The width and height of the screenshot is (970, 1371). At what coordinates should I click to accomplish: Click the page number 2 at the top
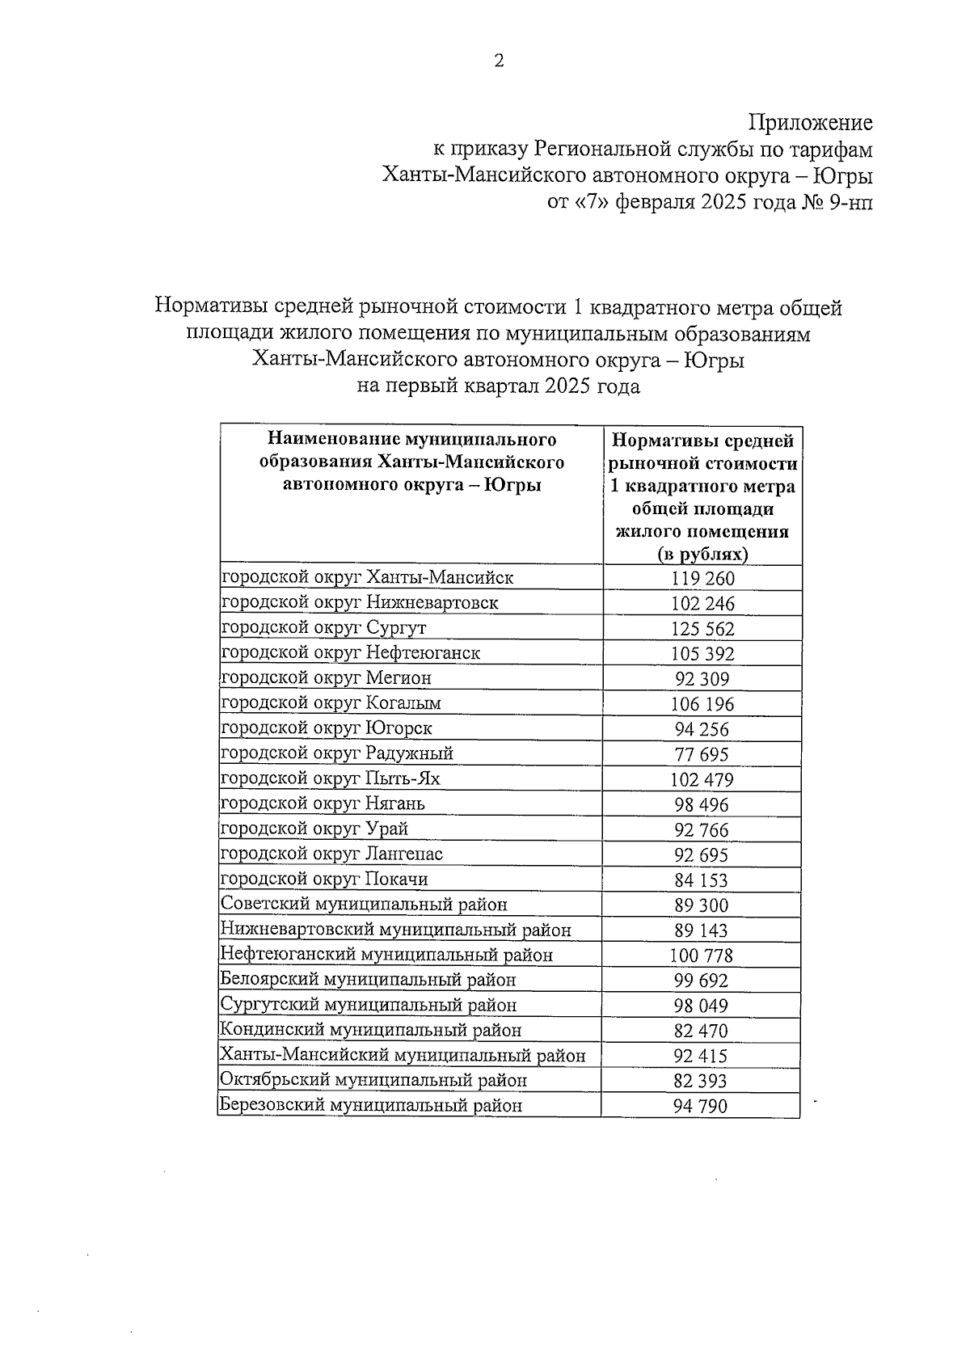pos(499,61)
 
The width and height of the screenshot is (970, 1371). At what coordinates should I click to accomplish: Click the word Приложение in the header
pos(811,123)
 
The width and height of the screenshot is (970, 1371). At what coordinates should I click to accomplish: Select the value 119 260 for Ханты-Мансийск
pos(702,579)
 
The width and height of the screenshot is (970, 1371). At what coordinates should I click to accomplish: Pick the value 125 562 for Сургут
pos(702,629)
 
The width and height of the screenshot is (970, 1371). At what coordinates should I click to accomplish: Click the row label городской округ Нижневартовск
pos(360,603)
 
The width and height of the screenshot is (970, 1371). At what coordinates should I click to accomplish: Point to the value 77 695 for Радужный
pos(702,755)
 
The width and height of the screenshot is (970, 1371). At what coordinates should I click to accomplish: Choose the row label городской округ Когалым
pos(331,703)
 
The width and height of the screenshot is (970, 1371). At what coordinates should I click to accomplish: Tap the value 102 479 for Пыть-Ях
pos(702,780)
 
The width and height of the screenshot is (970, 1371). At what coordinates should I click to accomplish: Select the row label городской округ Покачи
pos(325,880)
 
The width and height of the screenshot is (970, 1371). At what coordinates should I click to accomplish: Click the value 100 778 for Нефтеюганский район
pos(701,956)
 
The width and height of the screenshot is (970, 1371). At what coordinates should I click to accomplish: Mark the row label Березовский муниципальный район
pos(372,1106)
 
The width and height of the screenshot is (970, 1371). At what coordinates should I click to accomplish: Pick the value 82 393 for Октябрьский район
pos(700,1082)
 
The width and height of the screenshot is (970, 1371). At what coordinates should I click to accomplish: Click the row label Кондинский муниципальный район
pos(371,1031)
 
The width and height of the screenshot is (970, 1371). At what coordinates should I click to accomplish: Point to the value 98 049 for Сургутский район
pos(701,1006)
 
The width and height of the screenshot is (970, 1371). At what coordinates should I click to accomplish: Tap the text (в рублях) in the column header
pos(702,555)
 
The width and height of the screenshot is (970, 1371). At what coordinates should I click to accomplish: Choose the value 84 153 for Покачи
pos(701,880)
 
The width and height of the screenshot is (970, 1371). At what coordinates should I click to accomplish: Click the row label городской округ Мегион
pos(327,678)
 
